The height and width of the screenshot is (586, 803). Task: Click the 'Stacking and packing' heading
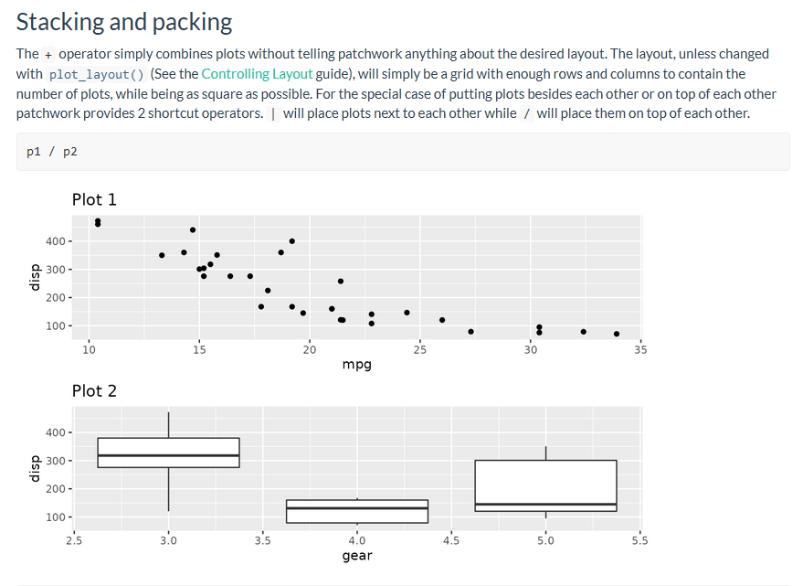(124, 22)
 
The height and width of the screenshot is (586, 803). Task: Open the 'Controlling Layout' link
(257, 74)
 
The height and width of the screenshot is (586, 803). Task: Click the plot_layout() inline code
(96, 74)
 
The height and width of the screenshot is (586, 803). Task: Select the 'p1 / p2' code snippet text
(52, 152)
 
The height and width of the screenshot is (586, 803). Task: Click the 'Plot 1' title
(94, 199)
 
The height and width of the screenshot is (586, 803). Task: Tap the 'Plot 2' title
(94, 390)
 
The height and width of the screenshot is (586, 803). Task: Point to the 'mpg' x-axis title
(356, 364)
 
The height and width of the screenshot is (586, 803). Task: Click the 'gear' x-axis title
(356, 555)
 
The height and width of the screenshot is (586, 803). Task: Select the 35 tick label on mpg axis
(639, 348)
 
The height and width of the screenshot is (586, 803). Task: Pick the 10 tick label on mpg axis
(89, 348)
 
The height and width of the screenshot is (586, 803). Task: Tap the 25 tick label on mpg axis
(419, 348)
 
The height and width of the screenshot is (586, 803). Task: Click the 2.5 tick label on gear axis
(74, 539)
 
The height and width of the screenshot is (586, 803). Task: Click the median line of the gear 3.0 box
(168, 455)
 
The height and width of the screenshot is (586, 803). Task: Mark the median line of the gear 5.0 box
(545, 504)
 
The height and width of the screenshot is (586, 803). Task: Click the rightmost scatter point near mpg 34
(617, 334)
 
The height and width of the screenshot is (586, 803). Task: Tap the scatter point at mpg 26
(442, 320)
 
